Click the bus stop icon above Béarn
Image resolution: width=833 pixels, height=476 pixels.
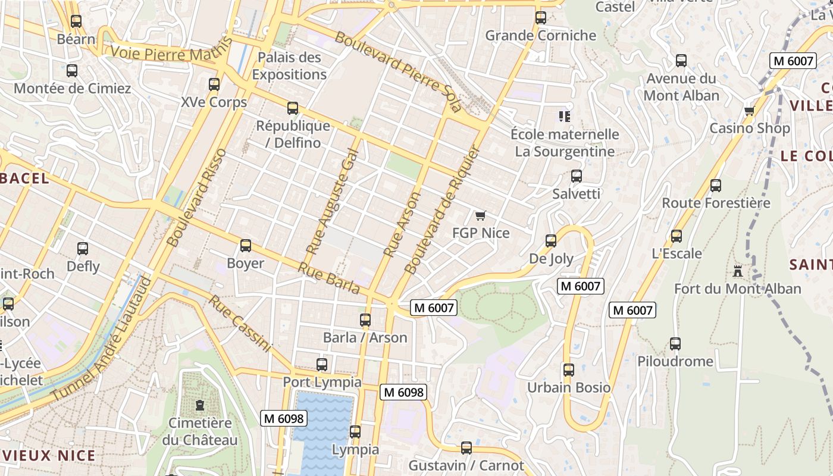(76, 21)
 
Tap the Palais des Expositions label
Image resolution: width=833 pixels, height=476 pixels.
(289, 66)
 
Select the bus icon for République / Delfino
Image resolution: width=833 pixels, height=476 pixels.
(292, 108)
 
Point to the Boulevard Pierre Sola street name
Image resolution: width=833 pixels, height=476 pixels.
(397, 71)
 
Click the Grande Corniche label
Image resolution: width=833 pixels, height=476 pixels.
(540, 36)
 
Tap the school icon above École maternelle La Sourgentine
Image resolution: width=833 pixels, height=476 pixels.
(563, 116)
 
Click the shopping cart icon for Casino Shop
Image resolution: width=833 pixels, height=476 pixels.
(749, 111)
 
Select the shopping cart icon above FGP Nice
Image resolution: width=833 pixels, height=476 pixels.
(481, 215)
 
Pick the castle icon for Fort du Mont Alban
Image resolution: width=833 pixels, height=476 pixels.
(738, 271)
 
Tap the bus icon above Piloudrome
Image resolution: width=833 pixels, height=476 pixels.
(675, 343)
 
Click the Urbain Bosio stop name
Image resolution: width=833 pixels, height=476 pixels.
(568, 388)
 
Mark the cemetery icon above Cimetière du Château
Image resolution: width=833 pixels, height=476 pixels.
(199, 405)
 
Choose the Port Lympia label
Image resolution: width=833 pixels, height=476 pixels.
(321, 382)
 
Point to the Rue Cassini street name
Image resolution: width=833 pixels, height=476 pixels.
(239, 324)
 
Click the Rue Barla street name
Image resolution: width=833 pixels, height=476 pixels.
(328, 278)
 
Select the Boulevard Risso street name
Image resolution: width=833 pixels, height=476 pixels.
(196, 198)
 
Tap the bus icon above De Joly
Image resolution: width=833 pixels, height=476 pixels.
(551, 241)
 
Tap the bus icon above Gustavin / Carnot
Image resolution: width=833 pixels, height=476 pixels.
(466, 447)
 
